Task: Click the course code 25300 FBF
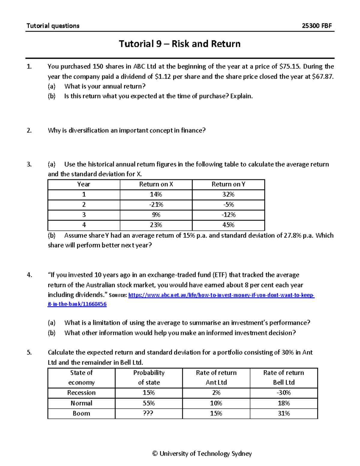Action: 316,26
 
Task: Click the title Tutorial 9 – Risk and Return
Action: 180,44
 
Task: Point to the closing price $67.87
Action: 322,77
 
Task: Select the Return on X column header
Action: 156,184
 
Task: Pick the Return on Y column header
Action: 228,184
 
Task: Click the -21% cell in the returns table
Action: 156,205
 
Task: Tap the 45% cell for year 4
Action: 228,225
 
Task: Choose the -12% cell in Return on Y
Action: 228,215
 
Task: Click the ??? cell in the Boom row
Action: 149,413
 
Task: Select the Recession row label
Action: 81,393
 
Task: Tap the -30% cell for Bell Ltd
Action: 283,393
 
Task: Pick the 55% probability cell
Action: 149,403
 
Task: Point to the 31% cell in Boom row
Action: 283,413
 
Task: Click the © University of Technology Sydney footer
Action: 202,454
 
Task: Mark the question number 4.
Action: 29,275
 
